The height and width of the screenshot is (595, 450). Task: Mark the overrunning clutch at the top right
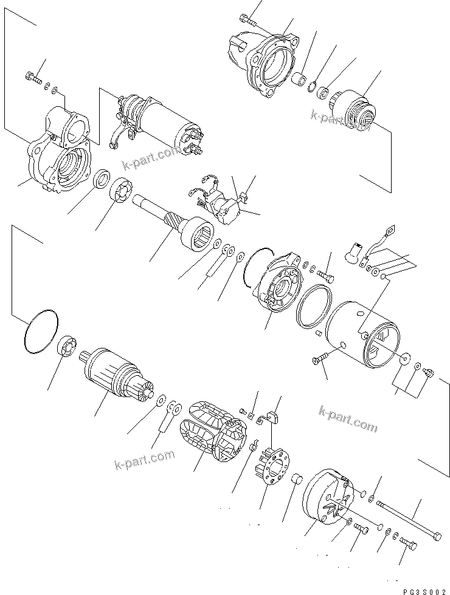[358, 111]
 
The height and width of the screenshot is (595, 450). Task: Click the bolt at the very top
[246, 18]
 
